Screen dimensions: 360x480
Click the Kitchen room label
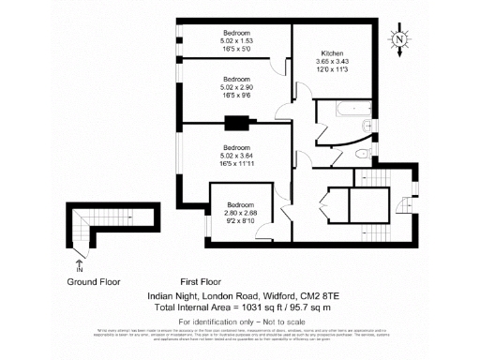pyautogui.click(x=333, y=53)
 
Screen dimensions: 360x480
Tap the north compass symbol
pyautogui.click(x=400, y=40)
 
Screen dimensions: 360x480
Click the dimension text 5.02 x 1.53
pyautogui.click(x=236, y=40)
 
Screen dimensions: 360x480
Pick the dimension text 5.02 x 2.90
pyautogui.click(x=236, y=87)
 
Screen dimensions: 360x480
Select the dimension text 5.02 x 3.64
pyautogui.click(x=236, y=157)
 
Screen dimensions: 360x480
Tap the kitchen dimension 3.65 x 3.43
pyautogui.click(x=333, y=62)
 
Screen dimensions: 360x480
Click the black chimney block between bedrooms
pyautogui.click(x=237, y=120)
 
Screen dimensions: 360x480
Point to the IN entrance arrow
pyautogui.click(x=78, y=265)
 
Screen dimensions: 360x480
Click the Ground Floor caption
pyautogui.click(x=94, y=281)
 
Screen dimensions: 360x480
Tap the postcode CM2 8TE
pyautogui.click(x=316, y=294)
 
